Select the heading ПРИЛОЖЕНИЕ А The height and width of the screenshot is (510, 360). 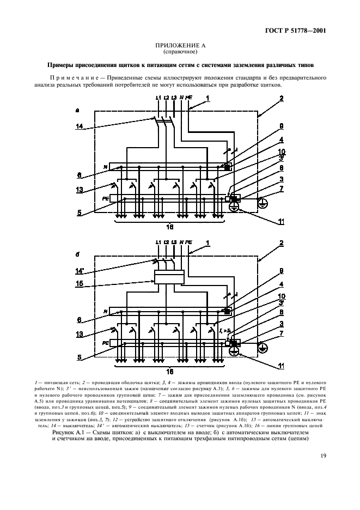pyautogui.click(x=180, y=46)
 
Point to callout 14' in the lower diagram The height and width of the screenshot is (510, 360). pyautogui.click(x=81, y=269)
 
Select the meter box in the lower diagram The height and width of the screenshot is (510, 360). pyautogui.click(x=169, y=277)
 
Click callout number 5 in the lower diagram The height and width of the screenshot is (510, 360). pyautogui.click(x=80, y=357)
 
